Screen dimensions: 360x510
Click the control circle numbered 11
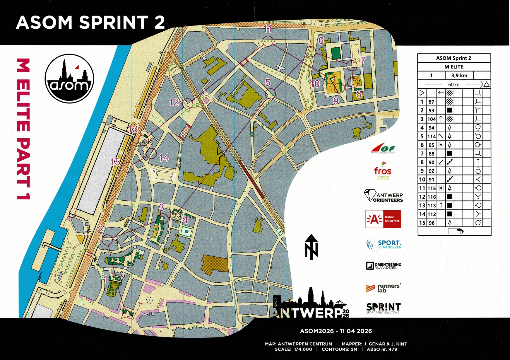268,41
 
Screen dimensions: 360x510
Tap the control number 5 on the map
268,83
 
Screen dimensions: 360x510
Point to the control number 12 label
174,102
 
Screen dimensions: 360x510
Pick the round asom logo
69,79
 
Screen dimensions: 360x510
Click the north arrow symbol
311,247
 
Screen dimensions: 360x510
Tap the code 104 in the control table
431,119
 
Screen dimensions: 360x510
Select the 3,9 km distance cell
459,76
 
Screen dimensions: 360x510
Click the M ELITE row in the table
454,67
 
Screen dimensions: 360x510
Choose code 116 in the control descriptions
431,197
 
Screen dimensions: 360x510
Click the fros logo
383,170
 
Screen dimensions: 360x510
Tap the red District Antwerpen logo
383,219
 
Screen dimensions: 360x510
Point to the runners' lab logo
383,288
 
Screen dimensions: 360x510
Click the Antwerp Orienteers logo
383,196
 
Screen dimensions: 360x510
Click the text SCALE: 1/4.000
293,349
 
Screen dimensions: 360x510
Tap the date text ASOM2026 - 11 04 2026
336,331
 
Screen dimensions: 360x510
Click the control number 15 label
115,162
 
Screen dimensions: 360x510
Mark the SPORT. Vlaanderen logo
384,244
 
